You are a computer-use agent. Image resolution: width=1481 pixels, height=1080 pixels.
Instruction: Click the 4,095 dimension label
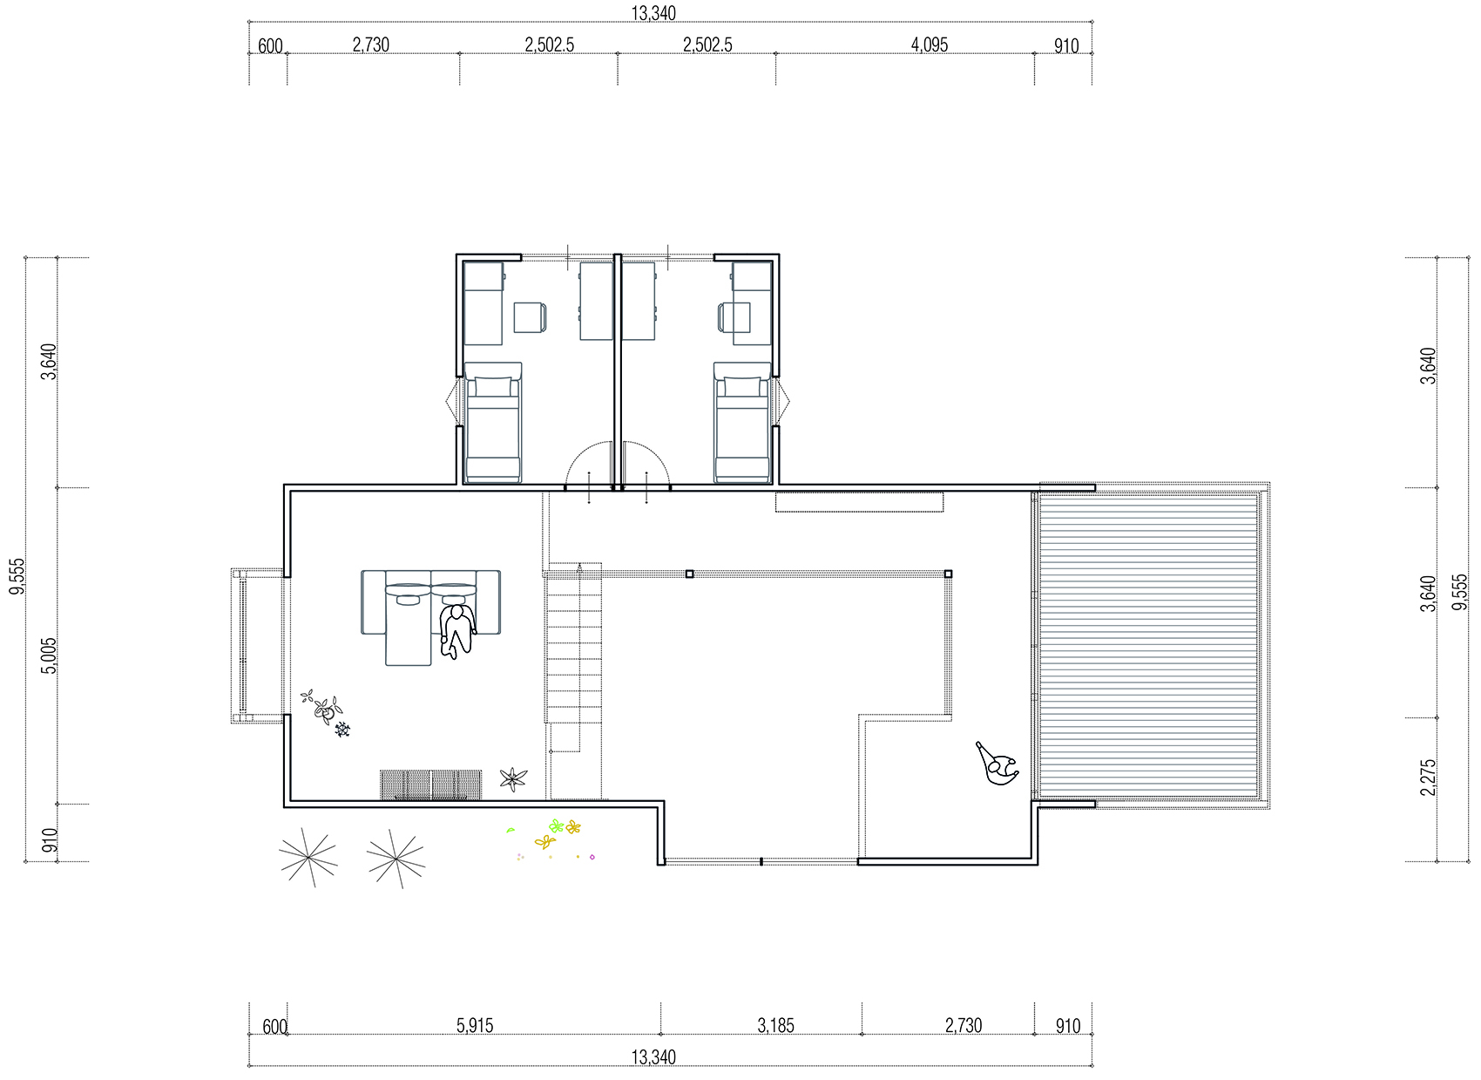point(929,45)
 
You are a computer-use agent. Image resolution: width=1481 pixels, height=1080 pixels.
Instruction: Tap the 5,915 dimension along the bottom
point(475,1025)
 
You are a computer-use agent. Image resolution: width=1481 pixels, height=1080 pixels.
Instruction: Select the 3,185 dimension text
point(775,1025)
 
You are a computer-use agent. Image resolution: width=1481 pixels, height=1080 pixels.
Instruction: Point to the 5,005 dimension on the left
point(49,655)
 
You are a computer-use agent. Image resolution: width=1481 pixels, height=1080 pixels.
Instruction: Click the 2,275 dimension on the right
point(1428,778)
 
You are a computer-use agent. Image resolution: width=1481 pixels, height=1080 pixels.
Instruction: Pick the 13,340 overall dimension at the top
point(653,13)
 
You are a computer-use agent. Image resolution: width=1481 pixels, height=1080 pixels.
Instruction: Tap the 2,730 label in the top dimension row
point(370,45)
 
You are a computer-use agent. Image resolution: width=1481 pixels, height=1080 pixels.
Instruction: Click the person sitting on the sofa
point(457,631)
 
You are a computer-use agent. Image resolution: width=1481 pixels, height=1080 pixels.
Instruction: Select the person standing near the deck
point(997,764)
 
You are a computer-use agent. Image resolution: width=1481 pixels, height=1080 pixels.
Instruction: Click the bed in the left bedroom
point(492,422)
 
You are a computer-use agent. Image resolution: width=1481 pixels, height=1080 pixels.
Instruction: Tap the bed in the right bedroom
point(742,422)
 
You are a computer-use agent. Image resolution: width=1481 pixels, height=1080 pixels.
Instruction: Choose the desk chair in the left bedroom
point(531,317)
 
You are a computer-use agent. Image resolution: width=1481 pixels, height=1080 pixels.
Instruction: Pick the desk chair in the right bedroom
point(734,317)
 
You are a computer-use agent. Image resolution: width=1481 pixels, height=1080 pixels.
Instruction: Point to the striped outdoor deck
point(1148,646)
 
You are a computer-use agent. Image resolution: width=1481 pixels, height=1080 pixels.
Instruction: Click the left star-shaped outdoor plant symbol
point(308,857)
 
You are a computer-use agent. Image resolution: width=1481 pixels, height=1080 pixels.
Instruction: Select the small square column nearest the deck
point(948,574)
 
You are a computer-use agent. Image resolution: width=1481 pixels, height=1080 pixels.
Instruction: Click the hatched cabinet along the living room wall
point(430,785)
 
